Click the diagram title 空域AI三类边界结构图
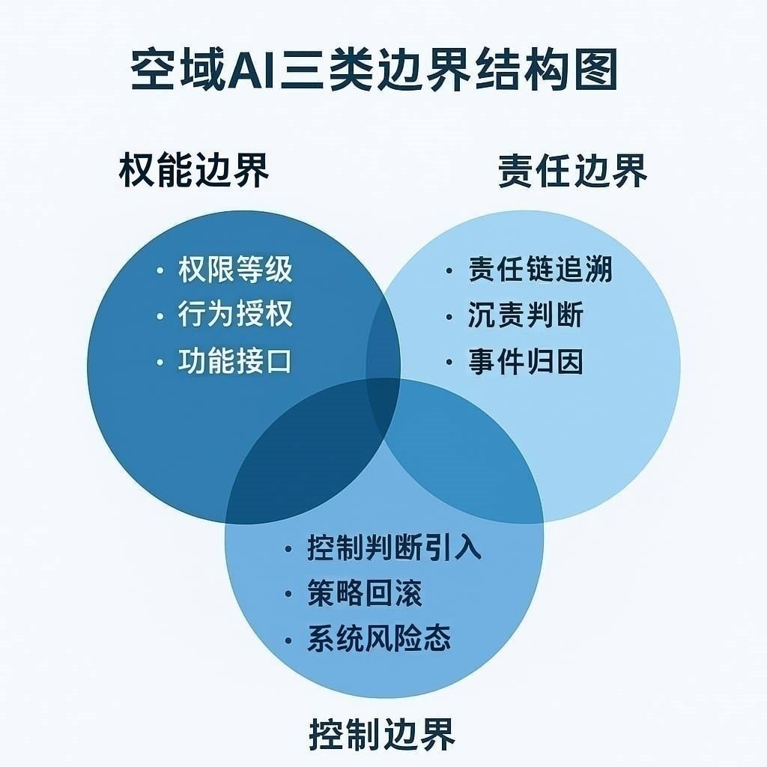[375, 71]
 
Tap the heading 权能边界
[194, 172]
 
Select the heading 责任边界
[573, 172]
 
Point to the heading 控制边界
[382, 733]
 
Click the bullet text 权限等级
[234, 270]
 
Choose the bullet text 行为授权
[234, 315]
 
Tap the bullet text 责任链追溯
[540, 270]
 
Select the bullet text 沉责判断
[525, 315]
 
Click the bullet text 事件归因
[525, 362]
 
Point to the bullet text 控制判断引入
[394, 548]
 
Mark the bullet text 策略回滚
[365, 594]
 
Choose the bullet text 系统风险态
[379, 640]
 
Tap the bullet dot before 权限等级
[160, 271]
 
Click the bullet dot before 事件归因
[449, 363]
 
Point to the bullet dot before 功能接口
[160, 362]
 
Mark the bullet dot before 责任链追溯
[449, 270]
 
